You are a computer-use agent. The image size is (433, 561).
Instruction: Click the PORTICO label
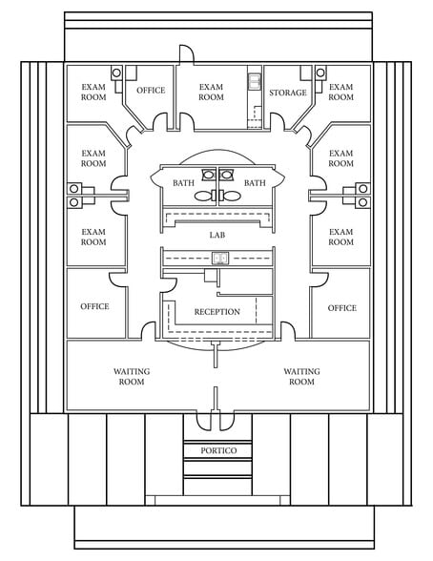(218, 450)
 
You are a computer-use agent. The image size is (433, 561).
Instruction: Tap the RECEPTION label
(217, 312)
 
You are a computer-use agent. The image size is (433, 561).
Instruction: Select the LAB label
(217, 235)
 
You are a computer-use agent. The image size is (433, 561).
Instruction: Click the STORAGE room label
(288, 93)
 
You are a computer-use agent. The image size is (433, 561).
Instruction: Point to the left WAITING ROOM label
(132, 376)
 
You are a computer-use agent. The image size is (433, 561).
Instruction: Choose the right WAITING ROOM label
(301, 376)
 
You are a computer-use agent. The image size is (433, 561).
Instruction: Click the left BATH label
(183, 183)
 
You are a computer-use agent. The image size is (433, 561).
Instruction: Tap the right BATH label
(255, 183)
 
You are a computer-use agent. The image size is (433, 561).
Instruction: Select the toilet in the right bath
(231, 196)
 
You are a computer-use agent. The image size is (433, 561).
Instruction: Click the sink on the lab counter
(220, 258)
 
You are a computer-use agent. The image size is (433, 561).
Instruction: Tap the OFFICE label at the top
(151, 90)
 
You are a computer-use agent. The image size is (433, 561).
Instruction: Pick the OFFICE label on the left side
(94, 306)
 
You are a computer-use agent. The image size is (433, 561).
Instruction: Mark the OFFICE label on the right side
(342, 308)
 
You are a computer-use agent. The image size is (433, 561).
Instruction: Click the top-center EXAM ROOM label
(211, 92)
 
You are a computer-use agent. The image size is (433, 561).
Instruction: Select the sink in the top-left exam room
(116, 73)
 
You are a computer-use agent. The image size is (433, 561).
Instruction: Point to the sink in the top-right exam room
(320, 73)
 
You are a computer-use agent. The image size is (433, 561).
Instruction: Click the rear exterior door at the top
(186, 53)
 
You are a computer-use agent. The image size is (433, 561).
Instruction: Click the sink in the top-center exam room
(255, 81)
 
